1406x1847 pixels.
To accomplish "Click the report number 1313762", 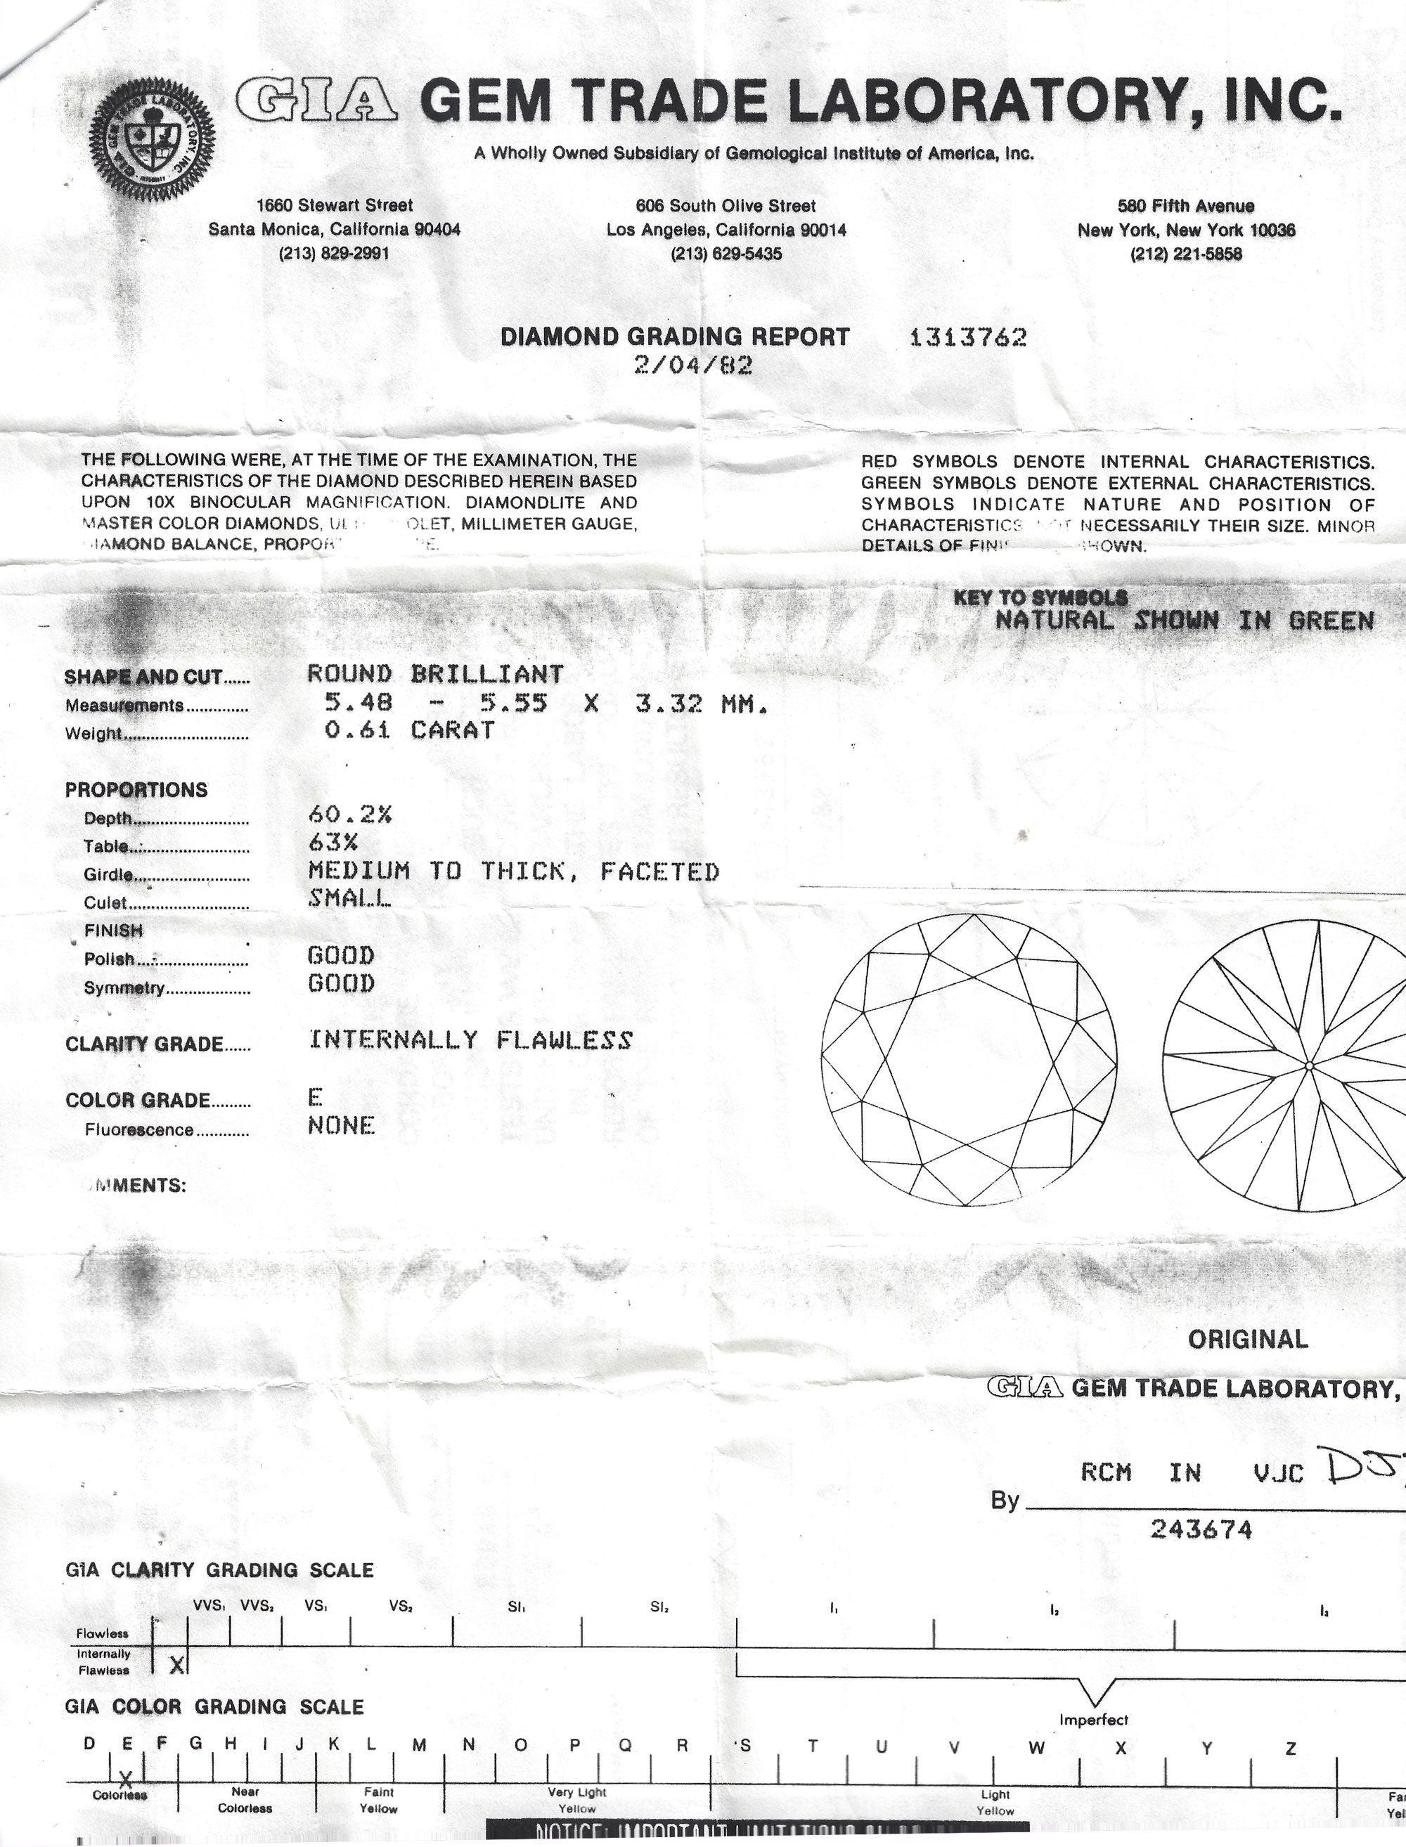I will click(x=967, y=337).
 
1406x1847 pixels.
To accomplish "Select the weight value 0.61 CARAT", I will click(x=409, y=730).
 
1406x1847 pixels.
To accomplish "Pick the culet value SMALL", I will click(x=349, y=898).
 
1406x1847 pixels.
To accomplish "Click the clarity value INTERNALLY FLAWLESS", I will click(x=470, y=1039).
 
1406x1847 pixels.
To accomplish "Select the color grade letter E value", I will click(x=315, y=1096).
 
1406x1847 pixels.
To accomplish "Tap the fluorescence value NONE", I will click(x=341, y=1125).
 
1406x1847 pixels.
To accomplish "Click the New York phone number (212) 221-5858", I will click(x=1185, y=254).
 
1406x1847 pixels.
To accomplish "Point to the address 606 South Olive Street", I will click(x=725, y=206).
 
